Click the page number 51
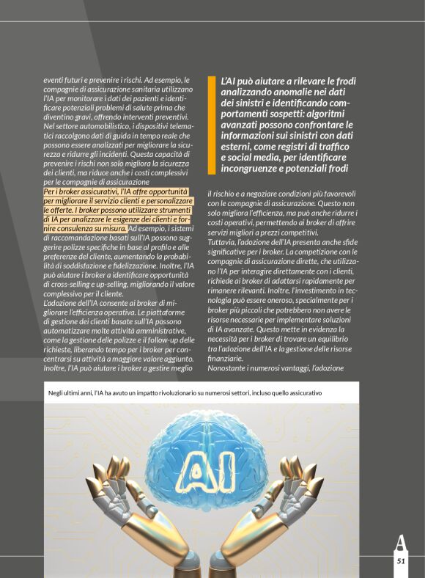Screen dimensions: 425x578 (x=401, y=560)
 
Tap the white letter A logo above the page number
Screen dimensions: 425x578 (x=400, y=544)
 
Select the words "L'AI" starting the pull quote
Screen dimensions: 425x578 (x=229, y=80)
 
